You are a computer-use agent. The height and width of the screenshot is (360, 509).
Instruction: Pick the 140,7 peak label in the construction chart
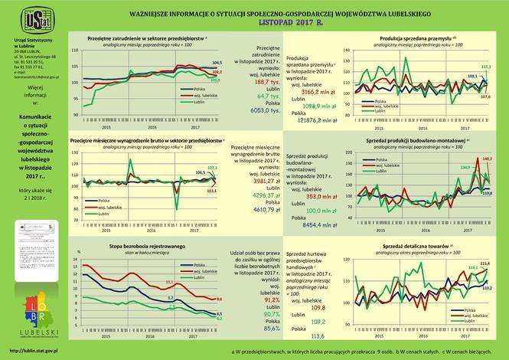pyautogui.click(x=488, y=159)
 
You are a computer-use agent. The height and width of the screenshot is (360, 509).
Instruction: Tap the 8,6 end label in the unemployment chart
pyautogui.click(x=218, y=299)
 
